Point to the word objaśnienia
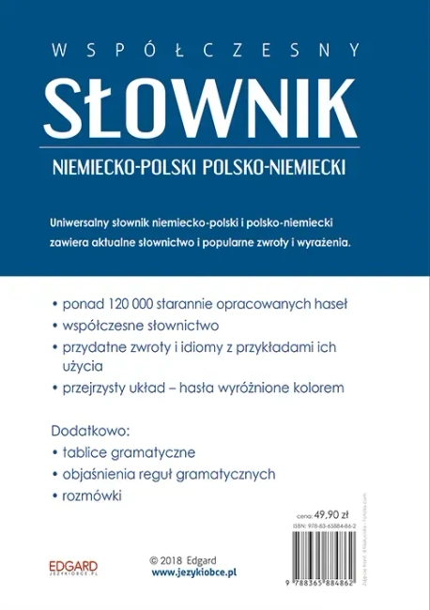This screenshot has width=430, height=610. [105, 472]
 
